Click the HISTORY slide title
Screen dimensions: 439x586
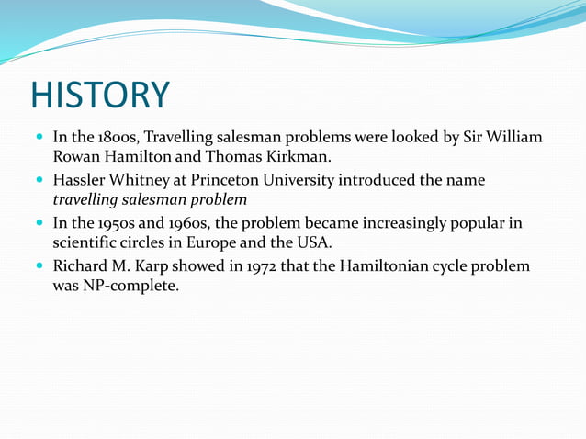[100, 96]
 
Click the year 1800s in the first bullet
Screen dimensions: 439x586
[118, 138]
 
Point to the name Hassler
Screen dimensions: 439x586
[82, 179]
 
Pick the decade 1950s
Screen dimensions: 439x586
[118, 222]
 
